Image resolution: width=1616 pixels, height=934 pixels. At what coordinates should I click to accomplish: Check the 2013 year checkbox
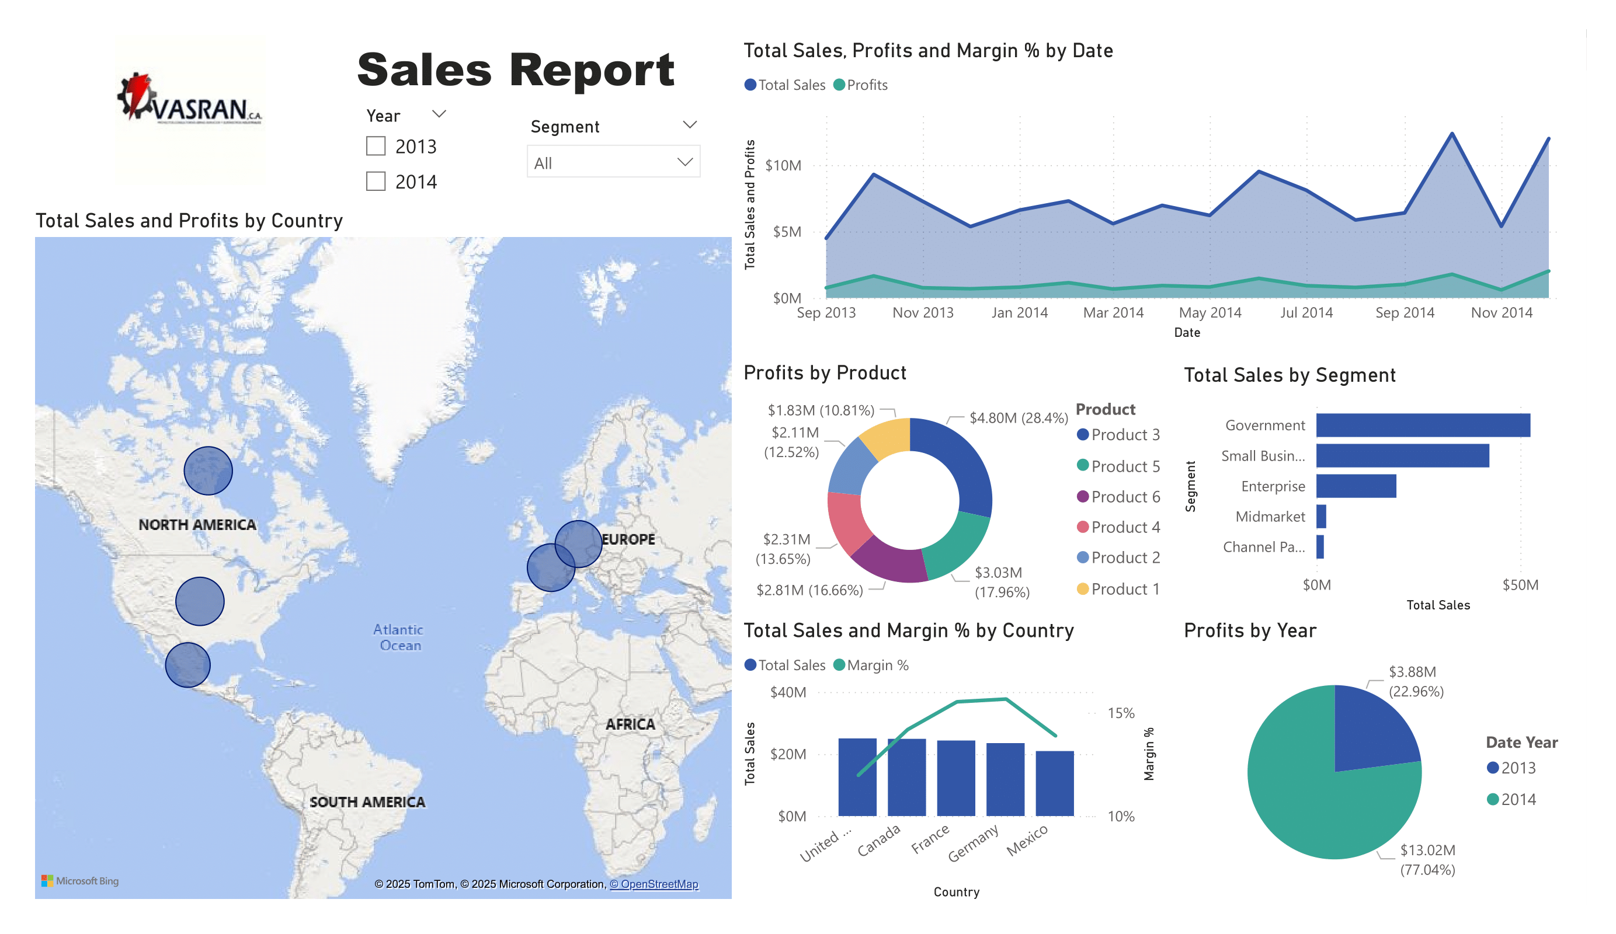[x=376, y=146]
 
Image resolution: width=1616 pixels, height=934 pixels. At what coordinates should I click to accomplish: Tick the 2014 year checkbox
[x=376, y=182]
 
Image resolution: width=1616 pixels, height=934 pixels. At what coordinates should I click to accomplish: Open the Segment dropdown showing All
[x=613, y=162]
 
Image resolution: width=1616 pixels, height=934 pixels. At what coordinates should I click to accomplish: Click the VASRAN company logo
[x=190, y=103]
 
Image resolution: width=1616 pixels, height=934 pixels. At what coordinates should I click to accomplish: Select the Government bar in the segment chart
[x=1422, y=425]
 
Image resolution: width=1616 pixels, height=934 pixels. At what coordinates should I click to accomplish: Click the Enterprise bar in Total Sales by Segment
[x=1356, y=486]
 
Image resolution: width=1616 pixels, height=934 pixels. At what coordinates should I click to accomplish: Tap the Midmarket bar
[x=1321, y=516]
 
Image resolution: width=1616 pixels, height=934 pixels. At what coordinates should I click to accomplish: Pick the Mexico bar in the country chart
[x=1054, y=783]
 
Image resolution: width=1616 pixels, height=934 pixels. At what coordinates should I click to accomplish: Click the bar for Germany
[x=1005, y=779]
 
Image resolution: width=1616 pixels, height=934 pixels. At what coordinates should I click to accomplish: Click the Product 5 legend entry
[x=1125, y=466]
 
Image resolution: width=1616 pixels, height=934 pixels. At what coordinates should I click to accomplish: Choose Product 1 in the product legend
[x=1125, y=588]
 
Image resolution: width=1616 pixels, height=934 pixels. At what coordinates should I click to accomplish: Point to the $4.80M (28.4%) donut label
[x=1018, y=418]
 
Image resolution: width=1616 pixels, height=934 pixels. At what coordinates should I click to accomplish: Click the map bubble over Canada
[x=208, y=471]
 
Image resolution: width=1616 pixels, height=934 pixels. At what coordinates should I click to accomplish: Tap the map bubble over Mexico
[x=187, y=665]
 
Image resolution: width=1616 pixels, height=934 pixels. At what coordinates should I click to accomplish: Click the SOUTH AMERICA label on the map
[x=367, y=801]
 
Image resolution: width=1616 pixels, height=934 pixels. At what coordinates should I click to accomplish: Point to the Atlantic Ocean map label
[x=398, y=637]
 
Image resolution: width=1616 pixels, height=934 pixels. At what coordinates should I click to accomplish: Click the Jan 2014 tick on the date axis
[x=1019, y=313]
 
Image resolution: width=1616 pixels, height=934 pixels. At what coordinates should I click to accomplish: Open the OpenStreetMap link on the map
[x=654, y=884]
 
